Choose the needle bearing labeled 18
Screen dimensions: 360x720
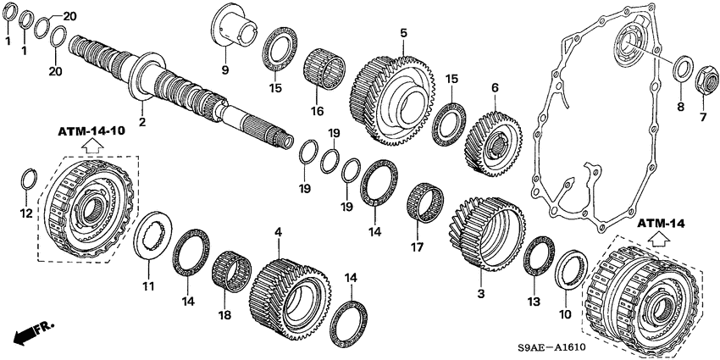tap(230, 272)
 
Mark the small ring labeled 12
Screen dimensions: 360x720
tap(27, 181)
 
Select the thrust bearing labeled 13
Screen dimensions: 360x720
tap(537, 253)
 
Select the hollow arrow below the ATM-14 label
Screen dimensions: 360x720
tap(662, 241)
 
